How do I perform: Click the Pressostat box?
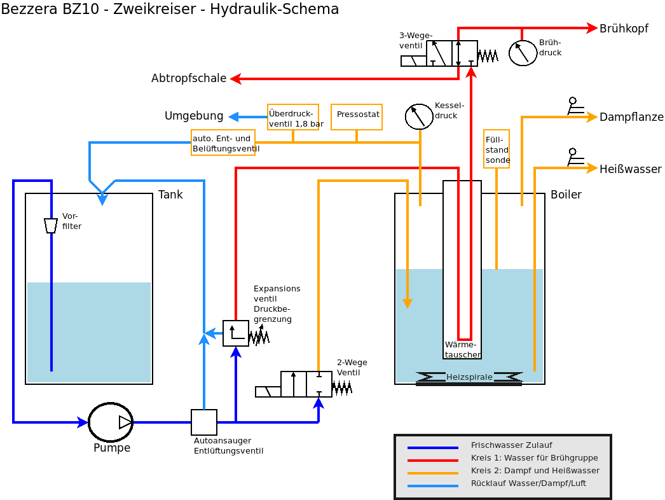357,116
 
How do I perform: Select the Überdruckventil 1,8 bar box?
293,117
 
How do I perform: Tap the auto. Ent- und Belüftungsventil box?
223,142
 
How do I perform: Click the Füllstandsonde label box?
497,149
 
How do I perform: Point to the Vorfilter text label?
71,221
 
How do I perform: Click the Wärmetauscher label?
462,349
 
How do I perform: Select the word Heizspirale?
469,377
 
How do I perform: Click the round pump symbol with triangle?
111,422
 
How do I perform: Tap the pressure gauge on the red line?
523,53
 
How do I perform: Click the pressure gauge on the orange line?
419,116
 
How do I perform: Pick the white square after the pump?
204,422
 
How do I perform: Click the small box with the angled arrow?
236,333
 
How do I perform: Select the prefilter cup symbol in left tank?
51,226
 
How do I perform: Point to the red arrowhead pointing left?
235,79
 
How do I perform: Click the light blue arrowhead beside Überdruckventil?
234,117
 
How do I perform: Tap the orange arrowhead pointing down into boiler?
408,303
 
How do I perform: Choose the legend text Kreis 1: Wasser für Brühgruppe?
534,458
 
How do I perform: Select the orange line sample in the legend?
432,473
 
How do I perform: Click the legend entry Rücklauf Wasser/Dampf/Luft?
528,483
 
